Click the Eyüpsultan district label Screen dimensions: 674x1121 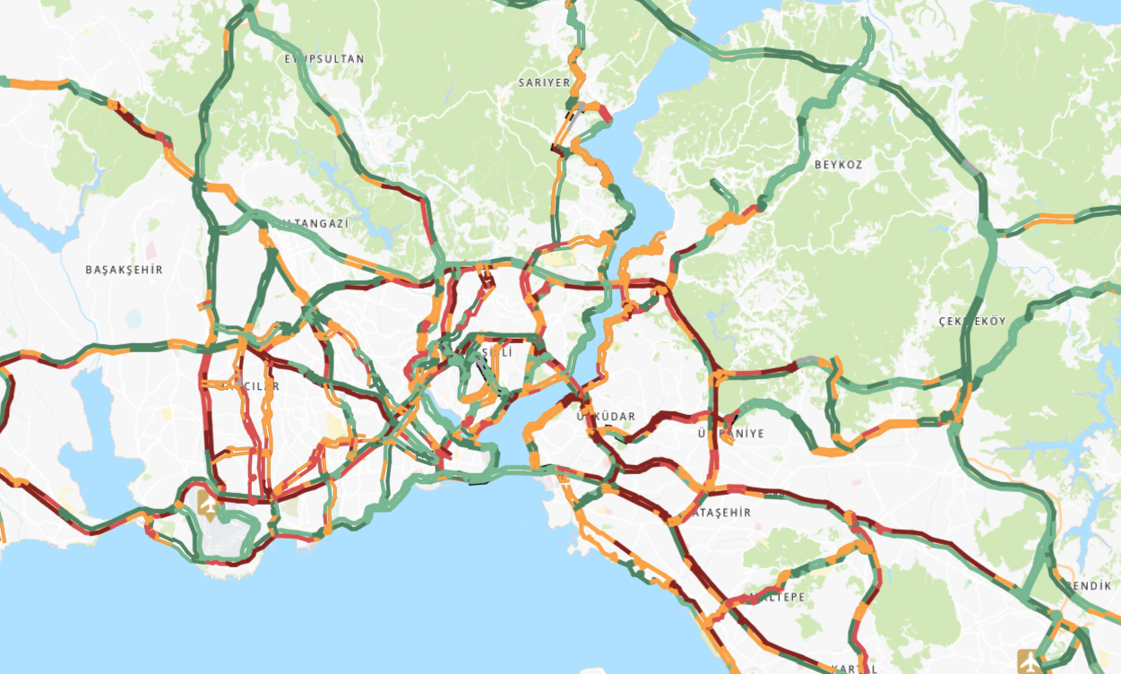324,59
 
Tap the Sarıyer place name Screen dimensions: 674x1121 544,82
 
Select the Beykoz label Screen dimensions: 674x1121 838,165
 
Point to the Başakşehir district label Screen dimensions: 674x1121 124,270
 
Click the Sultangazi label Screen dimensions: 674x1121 314,223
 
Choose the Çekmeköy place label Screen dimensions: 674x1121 972,321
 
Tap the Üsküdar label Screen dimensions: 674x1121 607,417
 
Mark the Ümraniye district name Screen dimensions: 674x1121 731,434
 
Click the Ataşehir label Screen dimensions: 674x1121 722,513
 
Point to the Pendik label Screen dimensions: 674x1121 1088,585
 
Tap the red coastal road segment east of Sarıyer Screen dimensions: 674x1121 606,115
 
